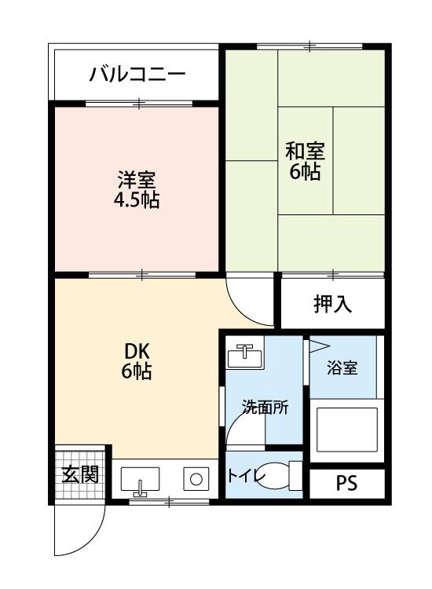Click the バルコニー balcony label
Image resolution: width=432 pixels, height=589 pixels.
click(137, 75)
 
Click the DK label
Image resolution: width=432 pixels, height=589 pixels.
click(136, 350)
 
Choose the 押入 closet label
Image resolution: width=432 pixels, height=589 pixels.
click(332, 304)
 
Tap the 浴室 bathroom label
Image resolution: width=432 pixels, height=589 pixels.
click(342, 367)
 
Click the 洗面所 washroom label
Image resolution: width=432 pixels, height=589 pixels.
click(265, 407)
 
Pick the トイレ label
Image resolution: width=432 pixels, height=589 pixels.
click(246, 476)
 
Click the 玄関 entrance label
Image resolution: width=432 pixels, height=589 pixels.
click(80, 474)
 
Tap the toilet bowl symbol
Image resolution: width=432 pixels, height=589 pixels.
click(295, 475)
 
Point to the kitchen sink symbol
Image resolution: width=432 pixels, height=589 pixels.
click(140, 478)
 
